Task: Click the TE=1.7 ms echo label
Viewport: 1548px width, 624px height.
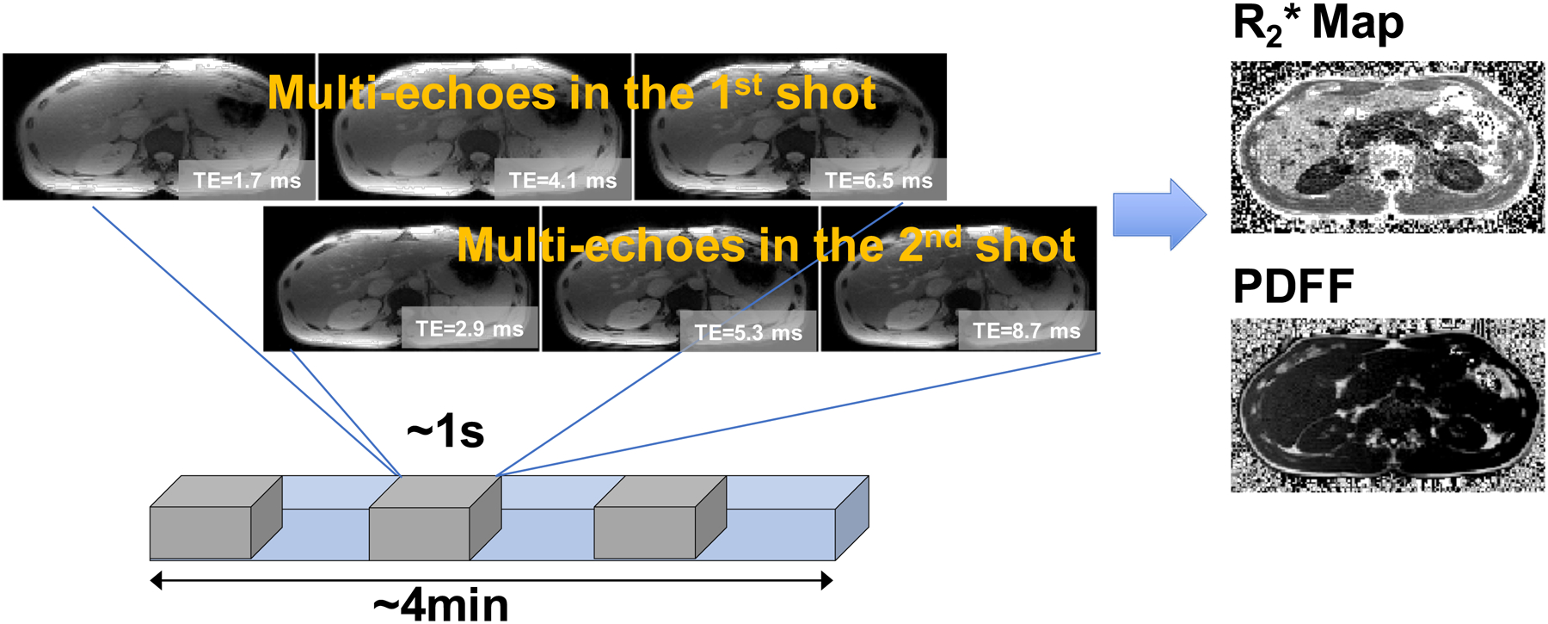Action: click(247, 181)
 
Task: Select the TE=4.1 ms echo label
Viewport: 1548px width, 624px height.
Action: click(562, 181)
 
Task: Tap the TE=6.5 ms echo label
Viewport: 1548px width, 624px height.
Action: click(878, 181)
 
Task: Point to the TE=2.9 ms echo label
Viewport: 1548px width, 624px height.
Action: click(470, 329)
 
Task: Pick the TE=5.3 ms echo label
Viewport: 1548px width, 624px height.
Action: click(748, 333)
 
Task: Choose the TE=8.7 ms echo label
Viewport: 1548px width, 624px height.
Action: click(1026, 331)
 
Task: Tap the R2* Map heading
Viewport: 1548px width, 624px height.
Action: click(1318, 24)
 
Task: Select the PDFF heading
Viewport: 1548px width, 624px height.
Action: click(1293, 287)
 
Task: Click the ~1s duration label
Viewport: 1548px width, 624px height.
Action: click(445, 431)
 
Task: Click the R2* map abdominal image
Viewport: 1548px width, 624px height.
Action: click(1387, 147)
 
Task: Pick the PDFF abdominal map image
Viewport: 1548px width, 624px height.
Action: click(1387, 405)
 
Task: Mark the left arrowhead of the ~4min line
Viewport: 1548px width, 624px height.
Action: click(156, 581)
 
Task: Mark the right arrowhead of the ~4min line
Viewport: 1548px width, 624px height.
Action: click(827, 581)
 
